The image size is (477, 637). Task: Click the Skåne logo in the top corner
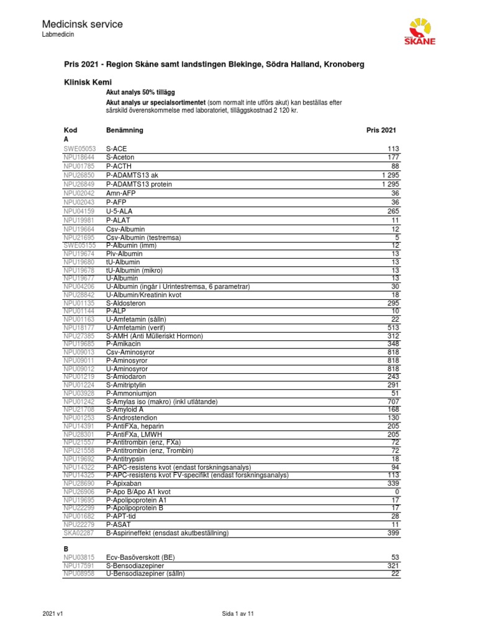420,32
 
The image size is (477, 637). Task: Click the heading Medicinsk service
82,24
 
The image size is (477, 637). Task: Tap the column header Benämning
125,130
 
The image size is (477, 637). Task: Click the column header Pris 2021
381,130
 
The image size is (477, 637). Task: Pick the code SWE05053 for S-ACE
80,149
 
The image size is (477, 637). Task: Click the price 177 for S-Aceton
392,158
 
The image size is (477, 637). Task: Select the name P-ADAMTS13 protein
139,185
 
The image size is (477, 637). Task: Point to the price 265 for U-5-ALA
392,211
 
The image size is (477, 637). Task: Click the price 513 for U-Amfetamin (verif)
392,326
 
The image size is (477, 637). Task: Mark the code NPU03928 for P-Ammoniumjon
80,393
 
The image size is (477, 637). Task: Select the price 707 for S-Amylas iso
392,402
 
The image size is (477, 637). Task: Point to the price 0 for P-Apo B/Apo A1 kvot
396,491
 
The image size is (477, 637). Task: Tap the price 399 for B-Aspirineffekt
392,533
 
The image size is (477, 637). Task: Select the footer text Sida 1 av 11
238,614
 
